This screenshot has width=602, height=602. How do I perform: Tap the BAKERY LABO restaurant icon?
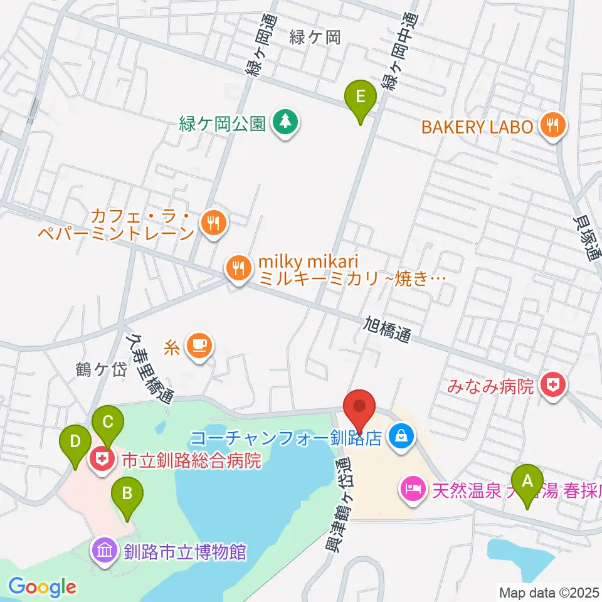[x=552, y=126]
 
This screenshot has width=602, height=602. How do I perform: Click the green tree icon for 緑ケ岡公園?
[x=286, y=122]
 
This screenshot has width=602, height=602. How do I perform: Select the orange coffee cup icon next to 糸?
[x=200, y=345]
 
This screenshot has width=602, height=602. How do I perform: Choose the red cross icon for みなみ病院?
[x=553, y=384]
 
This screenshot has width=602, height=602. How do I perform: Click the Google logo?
[x=42, y=587]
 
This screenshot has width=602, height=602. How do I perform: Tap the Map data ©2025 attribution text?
[x=549, y=592]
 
